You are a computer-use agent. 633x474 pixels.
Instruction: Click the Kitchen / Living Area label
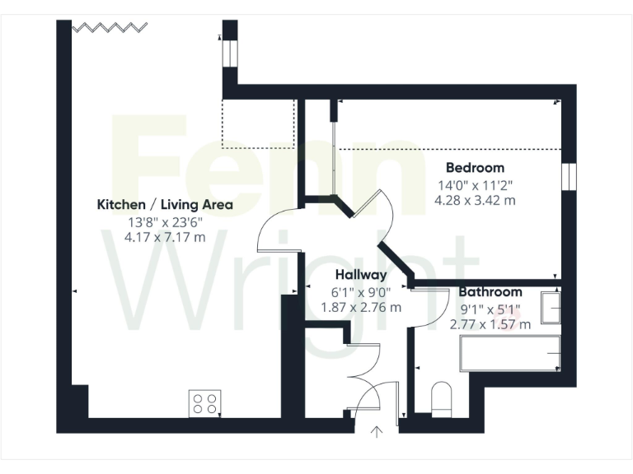click(165, 204)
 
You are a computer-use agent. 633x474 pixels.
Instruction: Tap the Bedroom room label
click(474, 168)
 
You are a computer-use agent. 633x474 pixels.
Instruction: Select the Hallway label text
click(360, 275)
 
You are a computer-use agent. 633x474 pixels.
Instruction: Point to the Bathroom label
click(490, 291)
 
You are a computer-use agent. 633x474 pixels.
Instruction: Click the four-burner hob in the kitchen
click(205, 402)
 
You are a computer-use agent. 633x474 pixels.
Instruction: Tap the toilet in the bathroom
click(442, 398)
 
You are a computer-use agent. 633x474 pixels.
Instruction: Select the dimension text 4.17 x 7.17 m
click(165, 237)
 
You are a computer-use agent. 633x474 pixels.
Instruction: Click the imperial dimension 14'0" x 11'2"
click(474, 185)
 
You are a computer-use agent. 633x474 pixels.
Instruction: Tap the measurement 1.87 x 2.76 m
click(360, 307)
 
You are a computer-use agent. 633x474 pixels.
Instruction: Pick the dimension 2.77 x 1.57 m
click(490, 323)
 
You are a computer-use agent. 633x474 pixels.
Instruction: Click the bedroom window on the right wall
click(568, 176)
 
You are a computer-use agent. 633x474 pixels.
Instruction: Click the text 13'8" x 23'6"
click(165, 221)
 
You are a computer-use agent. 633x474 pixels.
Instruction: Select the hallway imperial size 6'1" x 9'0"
click(360, 291)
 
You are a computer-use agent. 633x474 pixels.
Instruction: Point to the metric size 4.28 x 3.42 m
click(474, 200)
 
